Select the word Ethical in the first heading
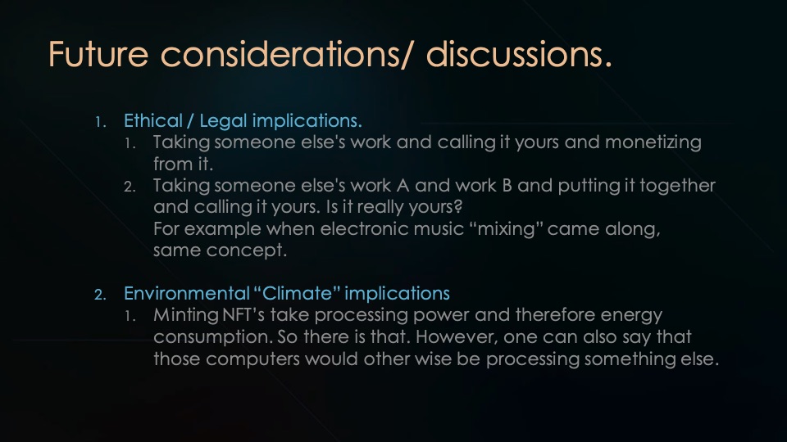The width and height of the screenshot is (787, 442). pos(152,121)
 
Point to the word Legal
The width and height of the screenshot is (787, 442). pos(222,121)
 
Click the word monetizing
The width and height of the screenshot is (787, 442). pos(653,142)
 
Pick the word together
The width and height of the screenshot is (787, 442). pos(676,186)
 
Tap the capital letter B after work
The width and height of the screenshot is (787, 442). pos(506,186)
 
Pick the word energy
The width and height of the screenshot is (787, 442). pos(632,315)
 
